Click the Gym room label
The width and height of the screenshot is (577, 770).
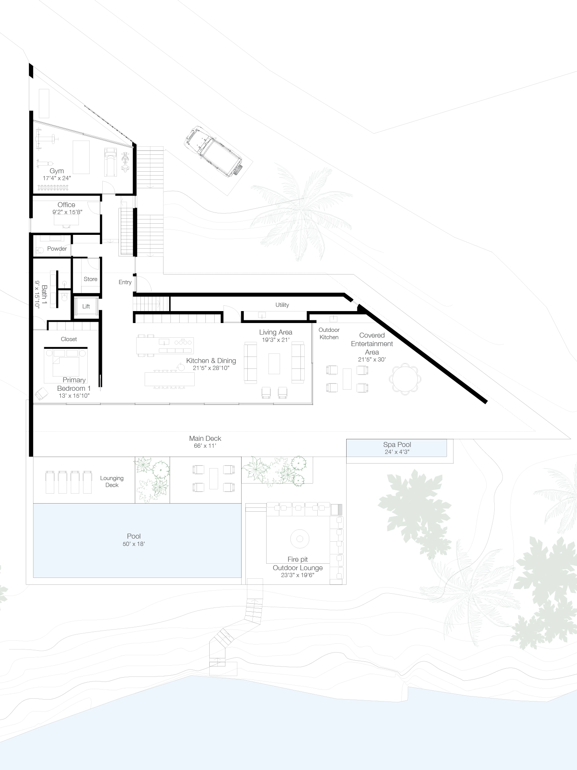tap(57, 171)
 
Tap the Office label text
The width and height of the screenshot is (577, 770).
tap(66, 205)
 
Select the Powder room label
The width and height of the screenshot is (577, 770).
tap(57, 249)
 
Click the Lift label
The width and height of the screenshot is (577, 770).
tap(86, 306)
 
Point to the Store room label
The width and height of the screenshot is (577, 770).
tap(90, 279)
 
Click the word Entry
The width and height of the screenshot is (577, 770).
tap(125, 282)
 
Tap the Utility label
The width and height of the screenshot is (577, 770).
tap(282, 305)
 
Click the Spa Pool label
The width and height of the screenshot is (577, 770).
tap(397, 445)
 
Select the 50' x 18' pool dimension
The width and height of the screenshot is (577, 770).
tap(134, 544)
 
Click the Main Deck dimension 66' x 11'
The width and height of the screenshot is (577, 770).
tap(205, 446)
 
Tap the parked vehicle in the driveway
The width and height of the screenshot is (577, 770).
tap(213, 151)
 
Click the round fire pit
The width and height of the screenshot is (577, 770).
tap(300, 538)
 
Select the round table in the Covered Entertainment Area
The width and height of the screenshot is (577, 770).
tap(405, 379)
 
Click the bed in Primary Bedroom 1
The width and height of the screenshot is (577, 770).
tap(62, 366)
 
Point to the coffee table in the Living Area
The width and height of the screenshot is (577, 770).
tap(274, 363)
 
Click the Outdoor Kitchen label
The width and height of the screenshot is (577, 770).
tap(329, 333)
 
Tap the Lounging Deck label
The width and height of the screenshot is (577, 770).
tap(112, 482)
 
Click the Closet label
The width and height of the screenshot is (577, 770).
tap(69, 339)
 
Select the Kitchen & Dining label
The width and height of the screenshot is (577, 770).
tap(211, 361)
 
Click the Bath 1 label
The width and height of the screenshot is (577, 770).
tap(44, 295)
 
